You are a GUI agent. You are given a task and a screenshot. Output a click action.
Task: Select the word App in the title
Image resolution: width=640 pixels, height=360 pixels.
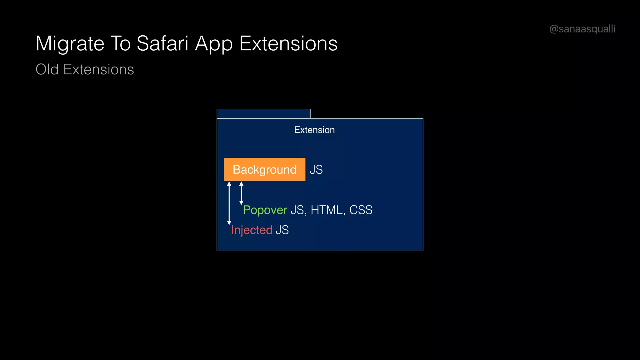(x=214, y=44)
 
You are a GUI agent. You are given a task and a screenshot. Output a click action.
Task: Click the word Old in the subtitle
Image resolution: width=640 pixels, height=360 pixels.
(x=47, y=69)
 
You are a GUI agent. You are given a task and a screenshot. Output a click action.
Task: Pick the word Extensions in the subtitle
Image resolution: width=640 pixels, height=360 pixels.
(x=98, y=69)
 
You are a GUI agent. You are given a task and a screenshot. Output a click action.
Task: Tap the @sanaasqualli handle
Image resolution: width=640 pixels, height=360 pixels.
(x=582, y=29)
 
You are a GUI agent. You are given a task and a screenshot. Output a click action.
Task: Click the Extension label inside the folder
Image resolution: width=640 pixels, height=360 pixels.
(x=314, y=130)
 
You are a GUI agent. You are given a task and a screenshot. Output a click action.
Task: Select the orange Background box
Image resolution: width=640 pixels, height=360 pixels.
(x=264, y=169)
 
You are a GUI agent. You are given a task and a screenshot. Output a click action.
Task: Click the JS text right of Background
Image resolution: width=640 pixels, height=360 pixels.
(x=316, y=170)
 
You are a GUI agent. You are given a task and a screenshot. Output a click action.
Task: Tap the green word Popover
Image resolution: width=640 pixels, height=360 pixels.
(x=265, y=210)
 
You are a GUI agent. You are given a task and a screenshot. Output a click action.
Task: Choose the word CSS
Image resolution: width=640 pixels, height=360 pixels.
(x=361, y=210)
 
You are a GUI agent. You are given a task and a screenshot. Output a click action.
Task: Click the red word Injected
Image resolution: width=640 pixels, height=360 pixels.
(x=252, y=230)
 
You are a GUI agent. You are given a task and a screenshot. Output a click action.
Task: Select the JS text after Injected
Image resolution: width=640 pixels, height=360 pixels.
(x=282, y=230)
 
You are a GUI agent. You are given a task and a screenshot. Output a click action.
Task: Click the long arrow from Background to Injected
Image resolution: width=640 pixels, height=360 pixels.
(x=229, y=203)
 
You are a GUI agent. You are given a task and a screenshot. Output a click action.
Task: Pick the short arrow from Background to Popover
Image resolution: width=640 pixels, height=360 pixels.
(x=241, y=193)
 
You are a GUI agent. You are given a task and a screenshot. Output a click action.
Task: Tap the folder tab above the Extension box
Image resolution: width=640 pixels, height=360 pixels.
(x=263, y=114)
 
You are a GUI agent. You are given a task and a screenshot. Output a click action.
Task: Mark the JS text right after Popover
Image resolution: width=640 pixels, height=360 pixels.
(x=297, y=210)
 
